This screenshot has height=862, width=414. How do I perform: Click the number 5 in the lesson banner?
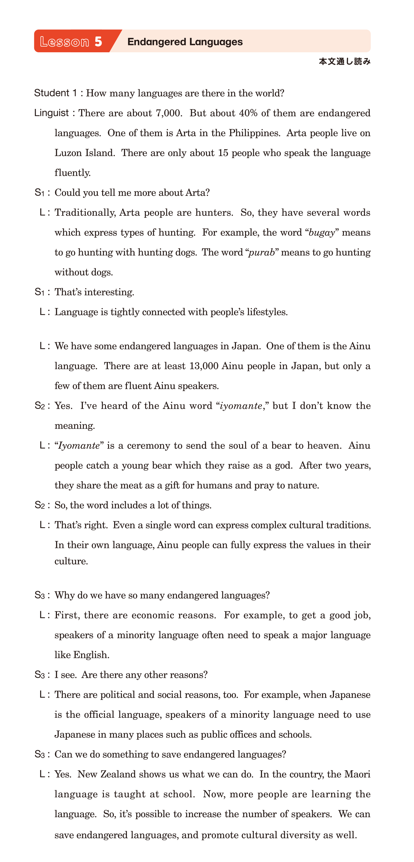coord(98,41)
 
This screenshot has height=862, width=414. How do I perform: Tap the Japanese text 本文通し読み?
coord(344,61)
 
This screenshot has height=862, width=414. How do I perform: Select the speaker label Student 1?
coord(56,93)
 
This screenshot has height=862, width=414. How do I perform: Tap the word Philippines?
coord(254,133)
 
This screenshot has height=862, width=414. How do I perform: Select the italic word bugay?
coord(322,232)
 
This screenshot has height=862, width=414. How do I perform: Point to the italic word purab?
coord(262,252)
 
